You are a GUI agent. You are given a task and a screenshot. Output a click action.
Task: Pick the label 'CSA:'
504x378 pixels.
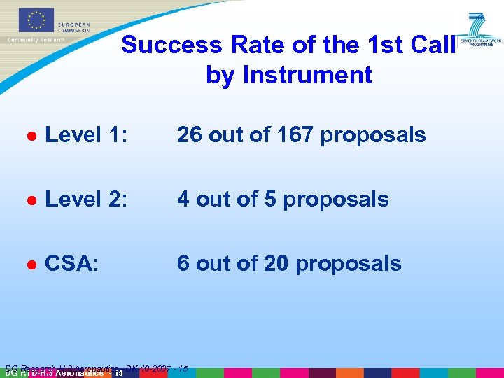[x=71, y=263]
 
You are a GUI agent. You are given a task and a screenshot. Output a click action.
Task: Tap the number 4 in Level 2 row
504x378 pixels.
[x=183, y=199]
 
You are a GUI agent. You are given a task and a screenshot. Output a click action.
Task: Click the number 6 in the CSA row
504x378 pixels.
[x=183, y=263]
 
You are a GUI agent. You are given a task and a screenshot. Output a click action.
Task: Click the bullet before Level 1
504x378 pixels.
[x=31, y=136]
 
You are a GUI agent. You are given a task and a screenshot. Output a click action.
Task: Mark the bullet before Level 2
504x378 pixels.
[x=31, y=200]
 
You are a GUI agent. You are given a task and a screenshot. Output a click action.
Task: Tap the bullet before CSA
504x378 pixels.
[x=31, y=265]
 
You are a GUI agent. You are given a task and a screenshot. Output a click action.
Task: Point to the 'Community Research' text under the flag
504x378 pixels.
[x=36, y=40]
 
